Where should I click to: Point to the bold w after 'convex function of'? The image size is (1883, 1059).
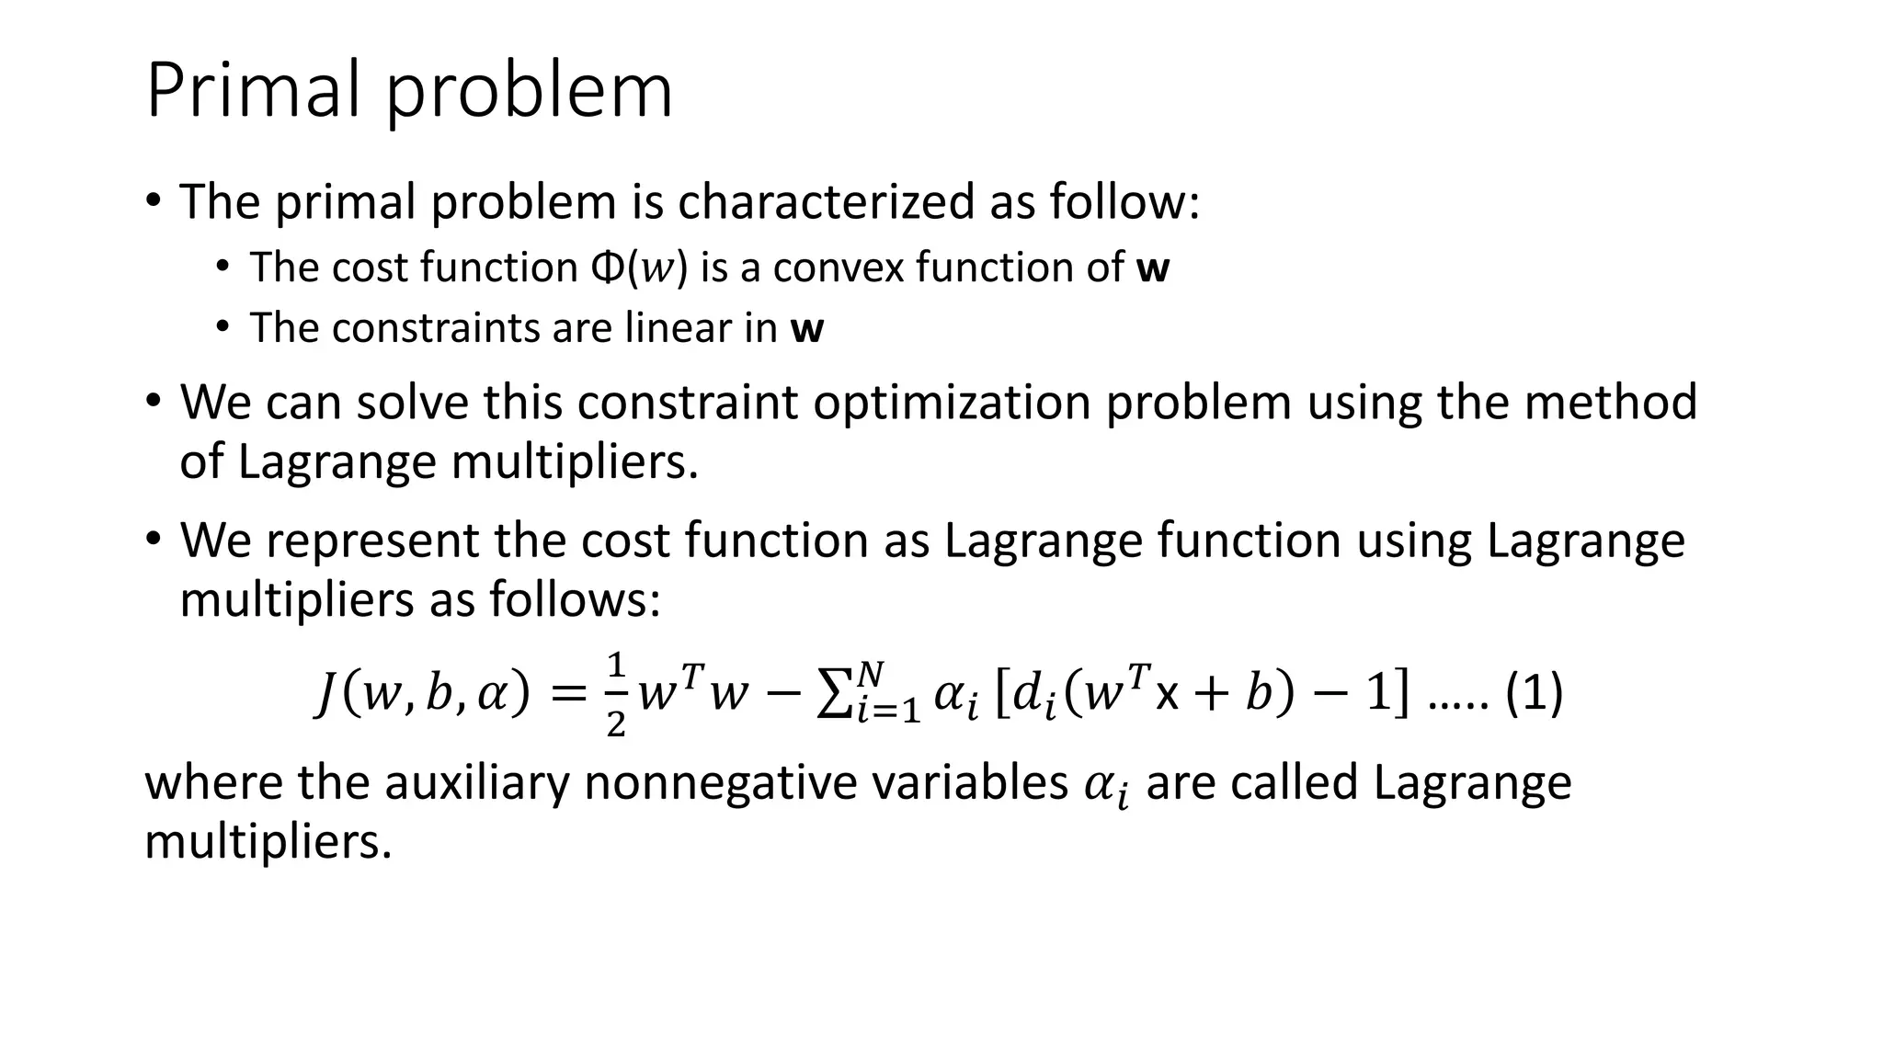point(1153,268)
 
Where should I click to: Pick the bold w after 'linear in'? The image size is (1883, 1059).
point(806,328)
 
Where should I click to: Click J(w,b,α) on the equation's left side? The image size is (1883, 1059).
point(422,694)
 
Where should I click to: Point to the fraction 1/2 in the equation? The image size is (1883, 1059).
point(616,695)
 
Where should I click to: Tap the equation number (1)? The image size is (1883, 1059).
point(1533,694)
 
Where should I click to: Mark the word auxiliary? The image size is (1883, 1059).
point(476,783)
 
